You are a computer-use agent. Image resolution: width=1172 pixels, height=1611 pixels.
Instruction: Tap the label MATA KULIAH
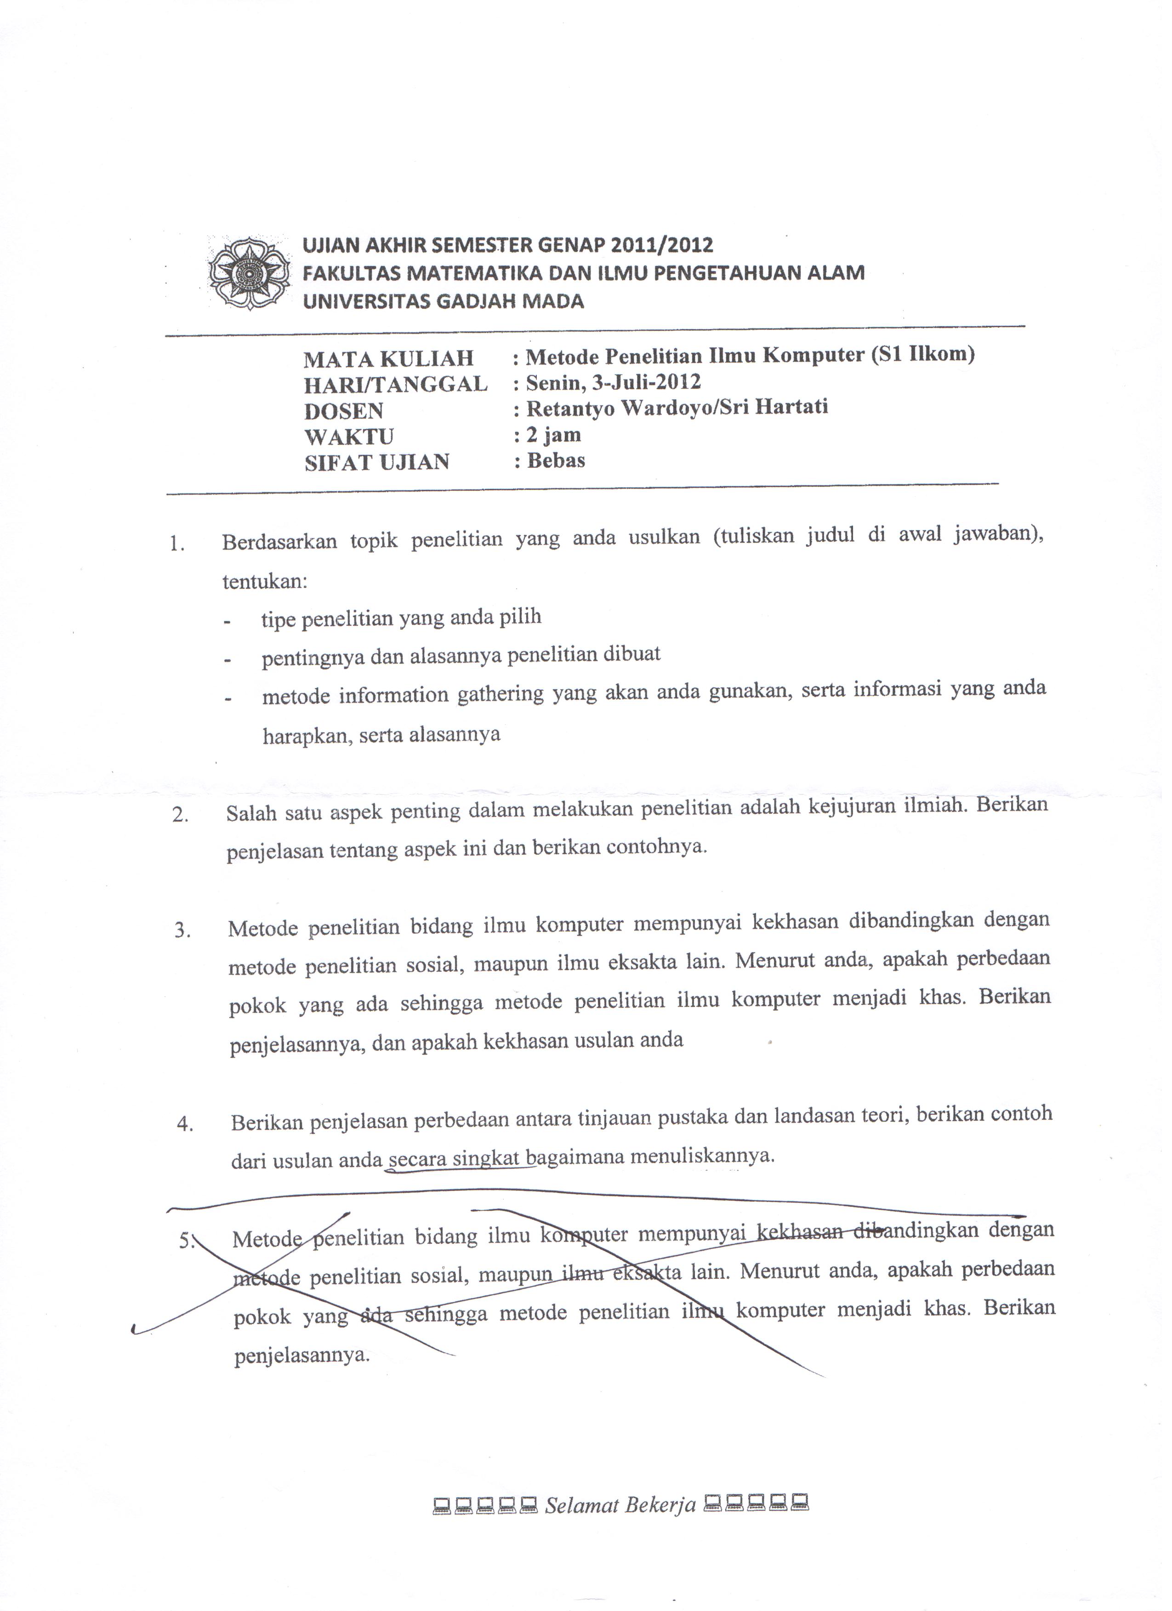[x=388, y=359]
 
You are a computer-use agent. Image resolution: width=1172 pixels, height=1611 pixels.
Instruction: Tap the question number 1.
[x=177, y=545]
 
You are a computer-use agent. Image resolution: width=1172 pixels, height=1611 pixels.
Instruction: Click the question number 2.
[x=180, y=815]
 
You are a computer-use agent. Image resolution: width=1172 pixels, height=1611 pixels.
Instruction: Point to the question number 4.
[x=185, y=1125]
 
